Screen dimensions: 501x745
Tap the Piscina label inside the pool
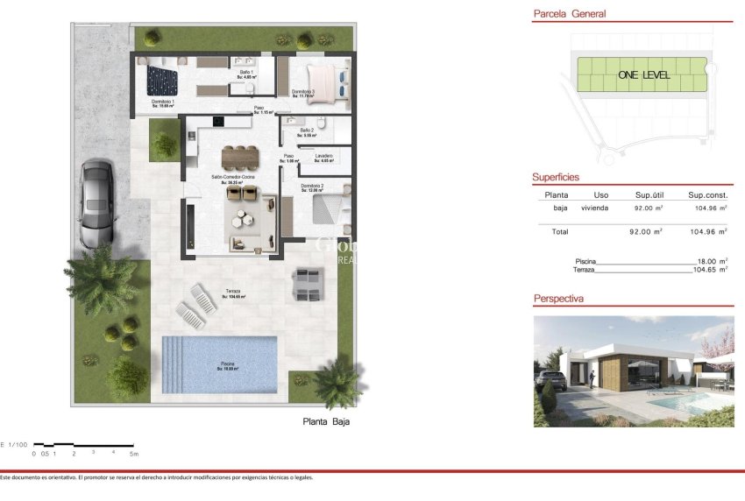click(x=227, y=365)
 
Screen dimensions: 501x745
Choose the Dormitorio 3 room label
click(x=303, y=91)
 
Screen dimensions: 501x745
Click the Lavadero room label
click(x=324, y=156)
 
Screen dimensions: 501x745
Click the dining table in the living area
click(x=240, y=156)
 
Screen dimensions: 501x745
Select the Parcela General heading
click(x=570, y=14)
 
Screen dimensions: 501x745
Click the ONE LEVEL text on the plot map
click(x=643, y=75)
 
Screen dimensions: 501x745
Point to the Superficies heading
click(x=556, y=178)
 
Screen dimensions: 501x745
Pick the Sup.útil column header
click(x=651, y=195)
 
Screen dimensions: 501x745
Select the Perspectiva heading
click(x=558, y=300)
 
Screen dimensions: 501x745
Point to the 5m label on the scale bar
click(x=134, y=454)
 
